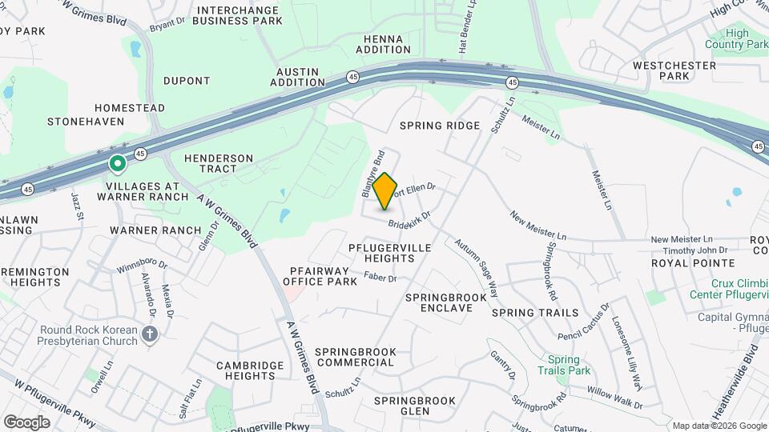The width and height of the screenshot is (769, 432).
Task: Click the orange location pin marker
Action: [385, 190]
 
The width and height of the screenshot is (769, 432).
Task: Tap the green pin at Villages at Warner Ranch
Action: [117, 165]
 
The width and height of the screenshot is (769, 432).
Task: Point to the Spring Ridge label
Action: [440, 126]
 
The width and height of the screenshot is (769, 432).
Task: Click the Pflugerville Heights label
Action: [389, 253]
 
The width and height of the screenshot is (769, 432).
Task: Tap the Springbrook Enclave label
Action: [445, 302]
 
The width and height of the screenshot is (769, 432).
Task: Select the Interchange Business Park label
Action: [240, 14]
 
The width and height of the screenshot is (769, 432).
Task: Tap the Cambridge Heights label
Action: [251, 370]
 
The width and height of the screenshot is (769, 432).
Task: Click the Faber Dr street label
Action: [380, 278]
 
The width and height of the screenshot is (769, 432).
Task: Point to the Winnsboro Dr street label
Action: [142, 263]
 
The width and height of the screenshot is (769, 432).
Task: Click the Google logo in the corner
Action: [26, 422]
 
